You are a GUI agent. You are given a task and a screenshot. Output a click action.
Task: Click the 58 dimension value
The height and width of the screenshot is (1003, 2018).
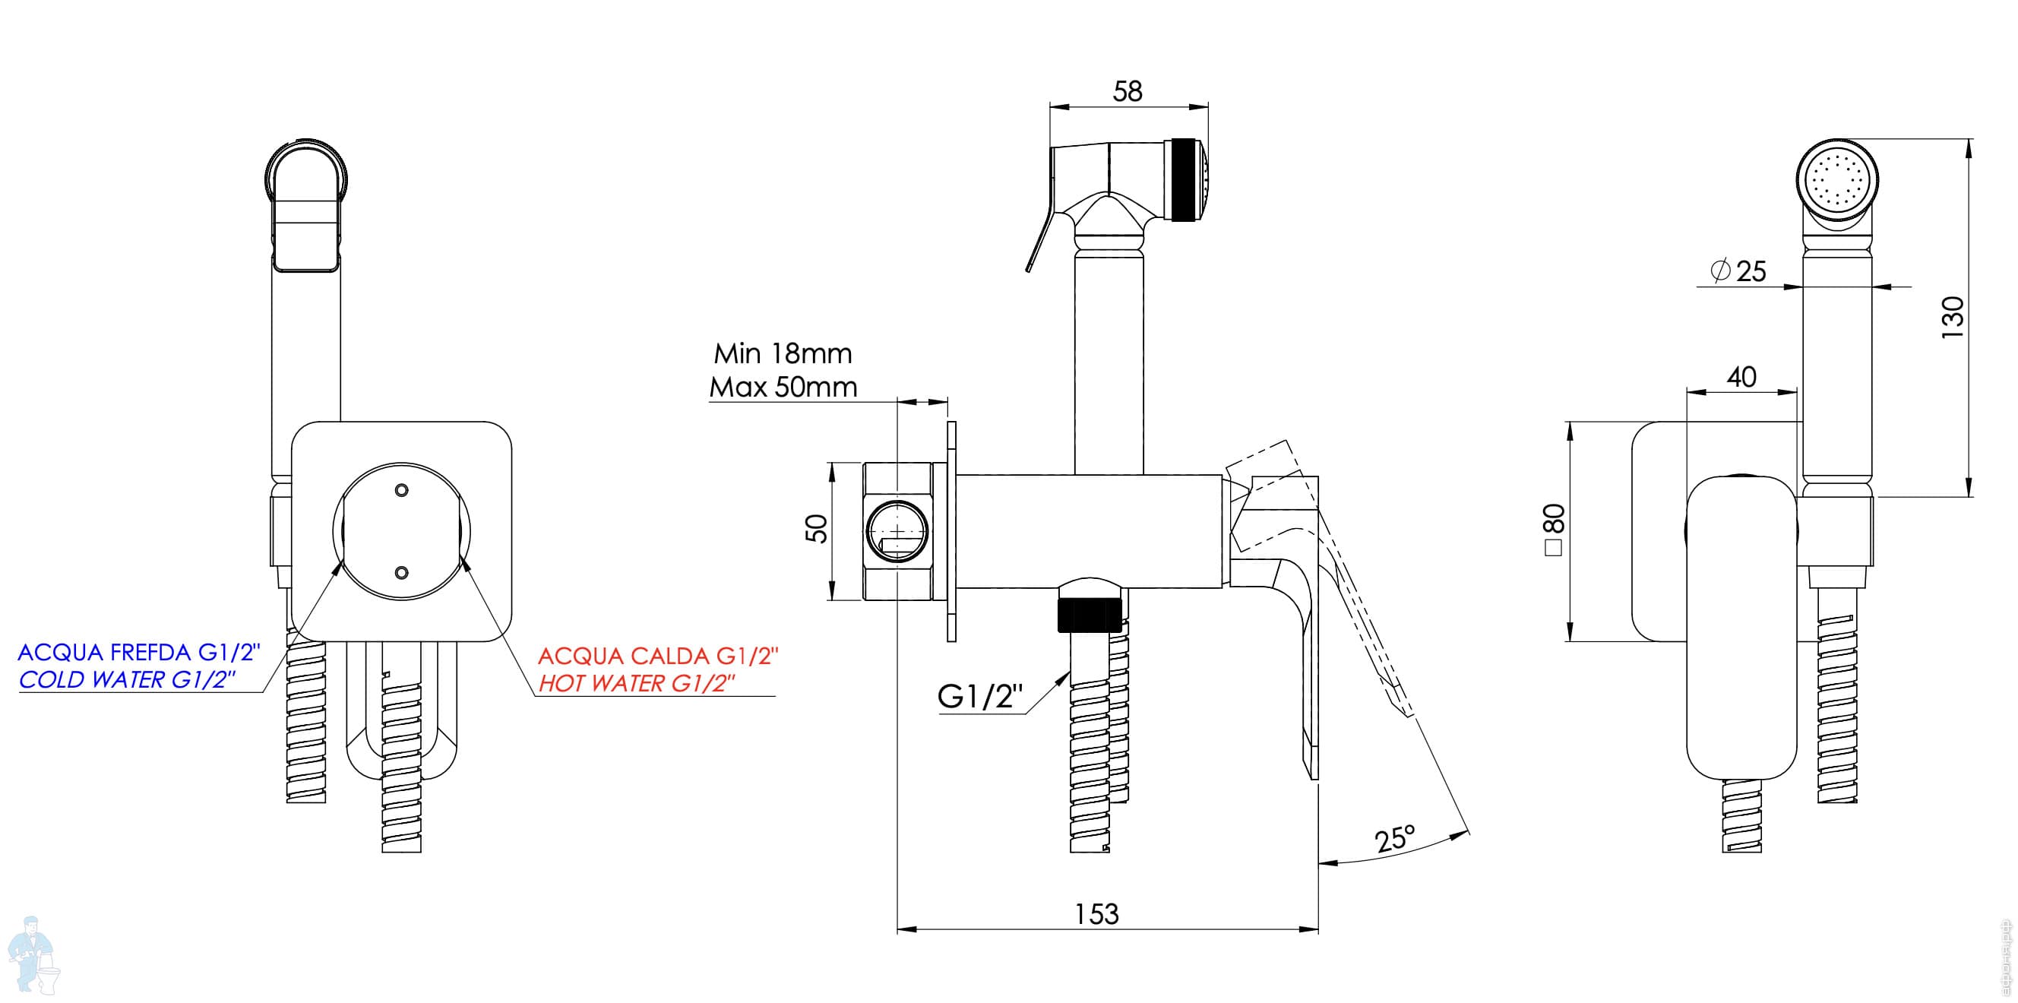point(1128,92)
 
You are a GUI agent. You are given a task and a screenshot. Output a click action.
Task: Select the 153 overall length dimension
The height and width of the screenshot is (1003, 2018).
point(1096,914)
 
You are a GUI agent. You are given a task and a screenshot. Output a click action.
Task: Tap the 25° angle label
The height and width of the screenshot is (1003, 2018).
point(1395,839)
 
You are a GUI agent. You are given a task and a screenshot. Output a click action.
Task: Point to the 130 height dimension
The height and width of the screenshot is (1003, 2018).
point(1953,317)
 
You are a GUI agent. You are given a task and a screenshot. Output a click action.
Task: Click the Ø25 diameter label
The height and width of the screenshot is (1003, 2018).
point(1739,271)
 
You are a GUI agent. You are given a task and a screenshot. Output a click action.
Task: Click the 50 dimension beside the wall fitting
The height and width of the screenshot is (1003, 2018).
point(816,528)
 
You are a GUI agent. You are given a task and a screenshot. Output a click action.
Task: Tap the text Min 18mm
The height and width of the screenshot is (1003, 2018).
point(783,353)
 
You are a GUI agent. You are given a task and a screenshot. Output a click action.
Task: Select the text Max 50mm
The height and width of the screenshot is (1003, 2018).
point(783,387)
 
